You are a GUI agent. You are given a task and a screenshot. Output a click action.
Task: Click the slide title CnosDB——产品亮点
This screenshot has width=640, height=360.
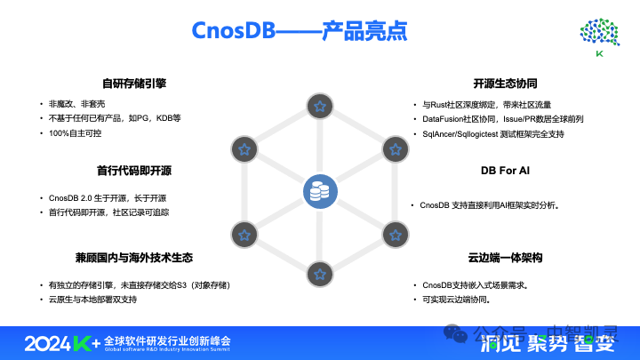300,31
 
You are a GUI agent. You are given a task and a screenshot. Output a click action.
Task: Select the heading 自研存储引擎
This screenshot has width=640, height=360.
133,84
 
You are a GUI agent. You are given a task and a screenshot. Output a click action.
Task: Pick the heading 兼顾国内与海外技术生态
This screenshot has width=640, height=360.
133,259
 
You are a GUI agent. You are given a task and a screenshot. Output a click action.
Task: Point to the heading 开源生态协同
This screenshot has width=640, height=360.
505,84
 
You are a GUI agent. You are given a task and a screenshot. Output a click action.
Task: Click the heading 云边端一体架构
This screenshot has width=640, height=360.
505,259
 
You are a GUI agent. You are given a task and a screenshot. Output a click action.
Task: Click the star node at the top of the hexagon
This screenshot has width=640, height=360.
320,107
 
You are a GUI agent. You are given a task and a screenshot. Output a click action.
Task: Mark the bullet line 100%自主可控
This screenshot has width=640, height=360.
76,132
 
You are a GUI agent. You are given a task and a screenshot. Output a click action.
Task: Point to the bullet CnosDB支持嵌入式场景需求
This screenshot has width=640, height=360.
476,285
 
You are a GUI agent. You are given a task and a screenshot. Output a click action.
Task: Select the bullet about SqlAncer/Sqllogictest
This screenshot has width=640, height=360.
493,133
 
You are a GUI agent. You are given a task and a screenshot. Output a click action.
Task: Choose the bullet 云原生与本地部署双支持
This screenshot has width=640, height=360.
93,300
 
